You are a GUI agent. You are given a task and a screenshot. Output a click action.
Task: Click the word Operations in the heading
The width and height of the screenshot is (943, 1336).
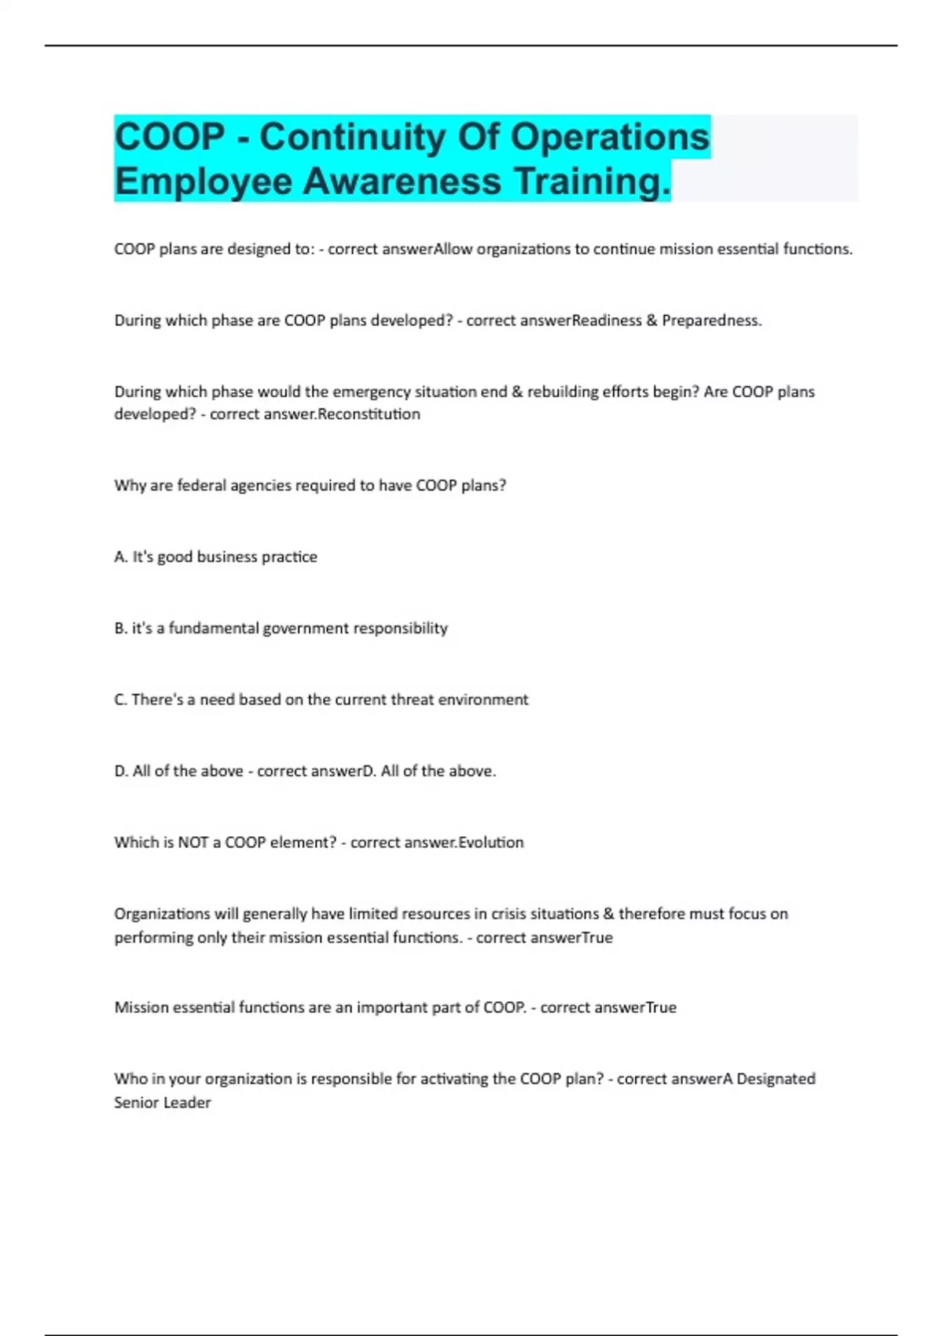(610, 137)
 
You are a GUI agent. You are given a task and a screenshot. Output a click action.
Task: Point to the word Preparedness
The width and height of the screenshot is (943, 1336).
(710, 321)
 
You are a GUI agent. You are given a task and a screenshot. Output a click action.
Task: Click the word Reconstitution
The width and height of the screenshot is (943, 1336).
(369, 414)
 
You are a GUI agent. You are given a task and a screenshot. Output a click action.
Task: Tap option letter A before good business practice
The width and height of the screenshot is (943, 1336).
(120, 557)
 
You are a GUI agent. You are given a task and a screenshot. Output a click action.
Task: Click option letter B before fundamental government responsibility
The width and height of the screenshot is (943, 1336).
(120, 629)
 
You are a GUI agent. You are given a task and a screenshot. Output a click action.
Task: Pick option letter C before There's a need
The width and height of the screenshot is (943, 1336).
(120, 700)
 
